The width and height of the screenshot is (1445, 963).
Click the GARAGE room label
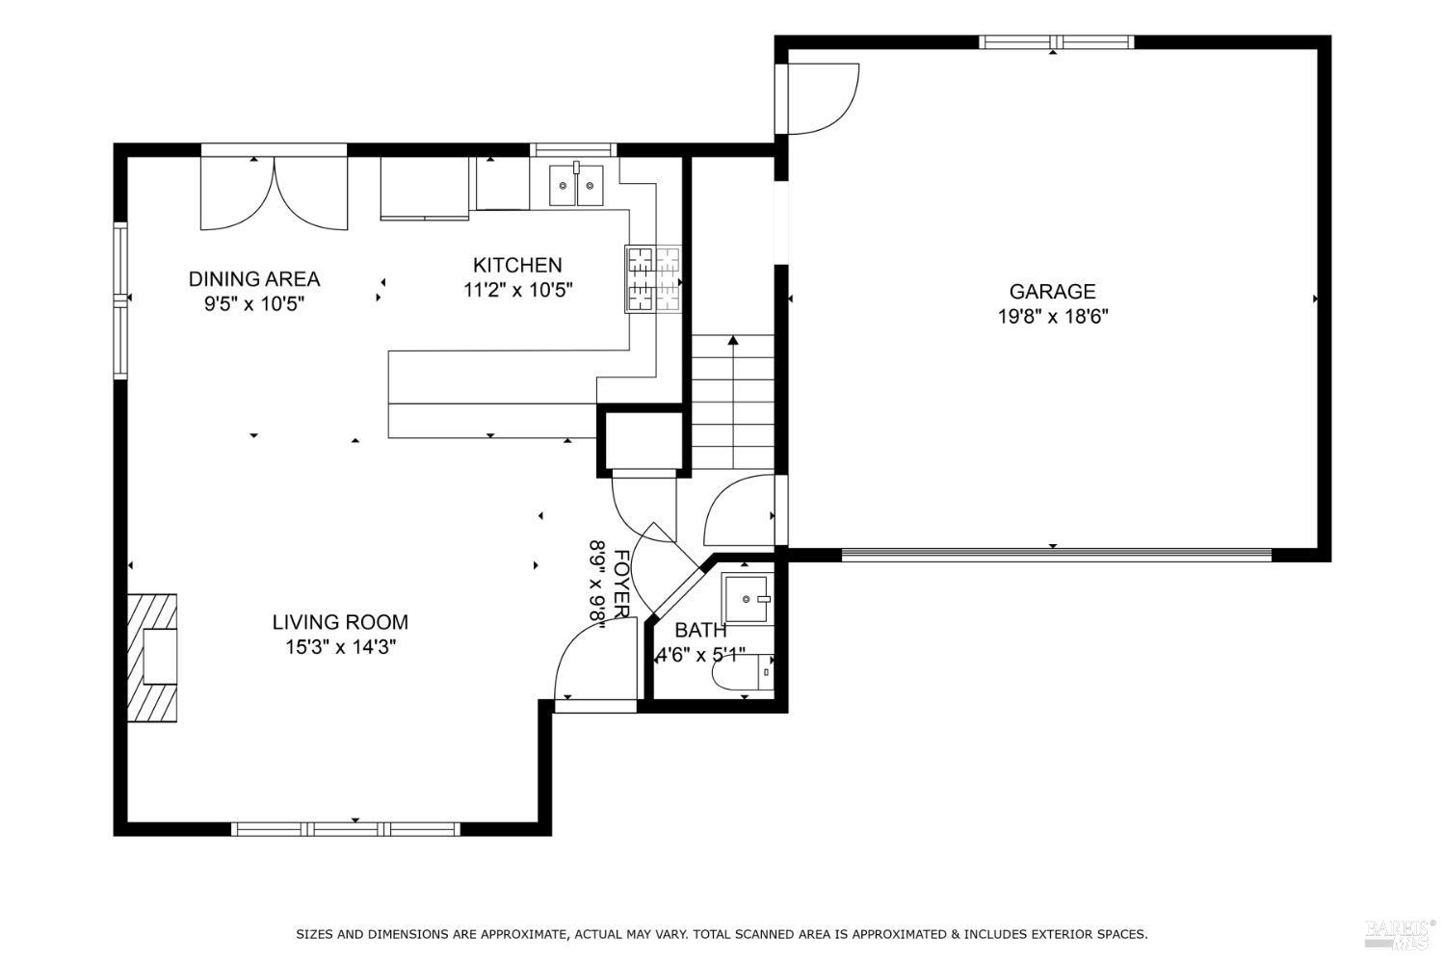pyautogui.click(x=1052, y=292)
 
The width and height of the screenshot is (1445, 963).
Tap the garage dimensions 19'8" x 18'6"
pyautogui.click(x=1053, y=317)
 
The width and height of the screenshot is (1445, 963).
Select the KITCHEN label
pyautogui.click(x=517, y=265)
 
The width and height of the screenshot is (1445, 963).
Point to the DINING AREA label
pyautogui.click(x=254, y=278)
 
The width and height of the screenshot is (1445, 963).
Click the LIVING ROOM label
pyautogui.click(x=340, y=622)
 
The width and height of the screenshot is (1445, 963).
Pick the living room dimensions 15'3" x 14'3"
pyautogui.click(x=341, y=646)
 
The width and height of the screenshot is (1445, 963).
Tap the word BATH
pyautogui.click(x=700, y=630)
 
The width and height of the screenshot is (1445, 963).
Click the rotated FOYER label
pyautogui.click(x=620, y=584)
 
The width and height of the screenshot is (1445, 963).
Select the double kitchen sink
pyautogui.click(x=576, y=185)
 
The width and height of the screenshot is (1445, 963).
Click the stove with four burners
pyautogui.click(x=653, y=279)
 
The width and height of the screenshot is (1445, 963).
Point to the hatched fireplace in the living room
pyautogui.click(x=152, y=658)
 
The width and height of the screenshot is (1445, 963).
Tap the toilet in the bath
pyautogui.click(x=743, y=673)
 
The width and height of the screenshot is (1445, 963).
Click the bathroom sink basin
pyautogui.click(x=747, y=599)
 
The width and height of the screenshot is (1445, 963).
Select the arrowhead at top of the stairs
pyautogui.click(x=733, y=339)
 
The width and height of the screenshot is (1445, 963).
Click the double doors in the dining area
pyautogui.click(x=275, y=194)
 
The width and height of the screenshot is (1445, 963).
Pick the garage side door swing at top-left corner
pyautogui.click(x=824, y=98)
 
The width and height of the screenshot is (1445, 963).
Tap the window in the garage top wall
pyautogui.click(x=1056, y=42)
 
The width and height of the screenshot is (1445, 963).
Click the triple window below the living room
pyautogui.click(x=346, y=829)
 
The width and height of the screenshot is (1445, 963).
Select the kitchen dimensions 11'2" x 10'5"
pyautogui.click(x=518, y=290)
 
